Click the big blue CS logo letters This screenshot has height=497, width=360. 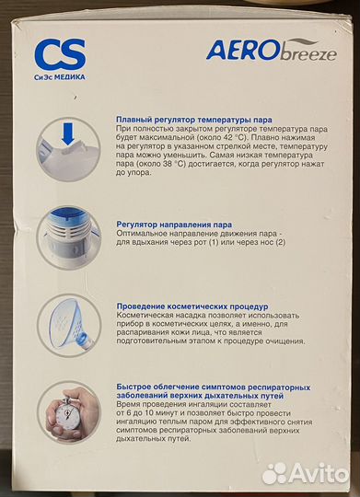[60, 54]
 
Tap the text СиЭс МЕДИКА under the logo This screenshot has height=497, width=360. [60, 77]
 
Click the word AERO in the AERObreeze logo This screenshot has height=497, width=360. [243, 50]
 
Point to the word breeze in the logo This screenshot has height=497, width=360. [308, 54]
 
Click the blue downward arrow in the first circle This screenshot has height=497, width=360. [68, 133]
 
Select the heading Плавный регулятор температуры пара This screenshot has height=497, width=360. [193, 120]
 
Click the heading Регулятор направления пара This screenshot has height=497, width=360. [174, 225]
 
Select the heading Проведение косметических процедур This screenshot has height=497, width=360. [192, 306]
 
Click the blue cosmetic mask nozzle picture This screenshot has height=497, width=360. [69, 325]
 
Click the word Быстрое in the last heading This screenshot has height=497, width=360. [134, 387]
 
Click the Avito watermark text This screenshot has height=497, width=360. [319, 474]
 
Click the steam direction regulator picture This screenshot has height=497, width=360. [68, 237]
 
